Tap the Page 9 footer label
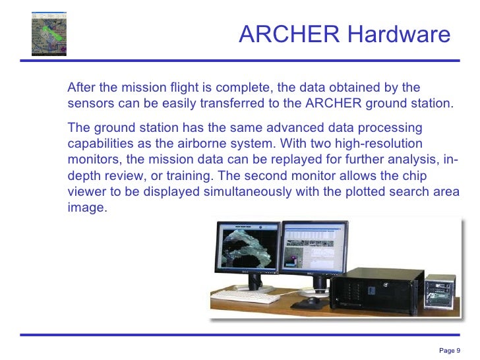click(x=449, y=349)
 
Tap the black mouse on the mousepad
click(x=309, y=302)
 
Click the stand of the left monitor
click(x=254, y=284)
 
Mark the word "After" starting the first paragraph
click(x=82, y=88)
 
